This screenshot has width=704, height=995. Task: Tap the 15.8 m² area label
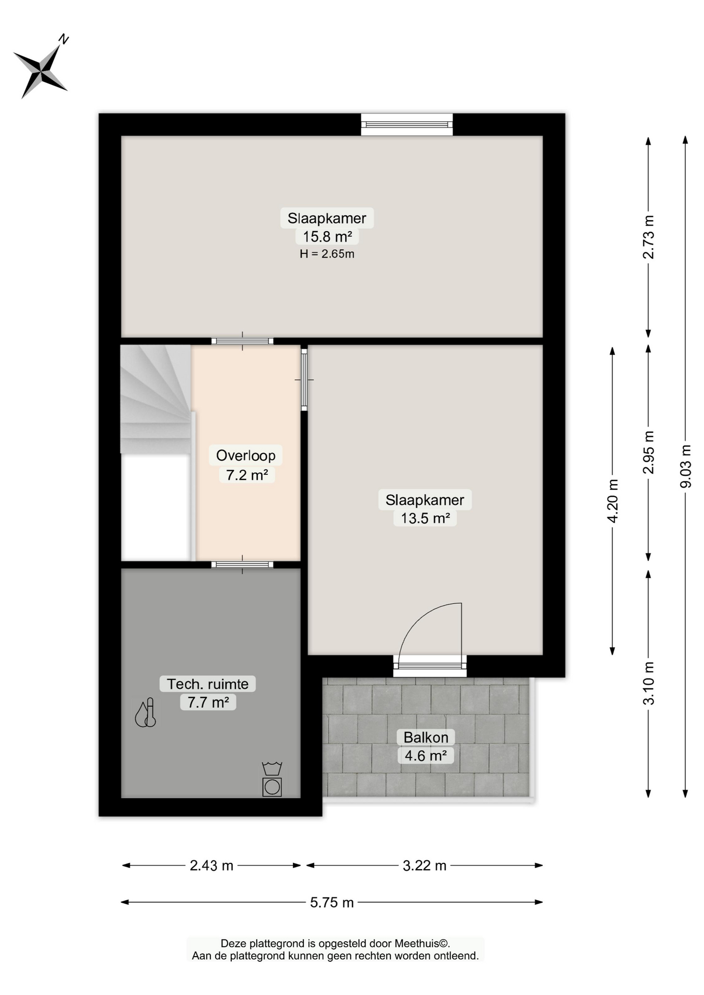pyautogui.click(x=327, y=237)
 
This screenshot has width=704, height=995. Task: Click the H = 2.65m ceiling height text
pyautogui.click(x=327, y=254)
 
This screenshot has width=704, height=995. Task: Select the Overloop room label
pyautogui.click(x=246, y=456)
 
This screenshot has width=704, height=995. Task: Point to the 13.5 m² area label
pyautogui.click(x=425, y=518)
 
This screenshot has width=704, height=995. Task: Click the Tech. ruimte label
pyautogui.click(x=208, y=684)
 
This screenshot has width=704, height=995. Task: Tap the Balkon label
pyautogui.click(x=426, y=737)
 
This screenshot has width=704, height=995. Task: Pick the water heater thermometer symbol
pyautogui.click(x=146, y=713)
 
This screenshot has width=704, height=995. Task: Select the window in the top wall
pyautogui.click(x=407, y=124)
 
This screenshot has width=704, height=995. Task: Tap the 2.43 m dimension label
pyautogui.click(x=212, y=865)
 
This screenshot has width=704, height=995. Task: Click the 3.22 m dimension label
pyautogui.click(x=425, y=865)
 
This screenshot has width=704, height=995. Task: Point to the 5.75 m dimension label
pyautogui.click(x=332, y=902)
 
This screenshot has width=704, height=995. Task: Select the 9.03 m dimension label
pyautogui.click(x=685, y=466)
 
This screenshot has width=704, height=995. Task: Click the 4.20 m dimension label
pyautogui.click(x=612, y=501)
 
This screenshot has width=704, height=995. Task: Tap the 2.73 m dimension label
pyautogui.click(x=648, y=237)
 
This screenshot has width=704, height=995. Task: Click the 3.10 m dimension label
pyautogui.click(x=648, y=683)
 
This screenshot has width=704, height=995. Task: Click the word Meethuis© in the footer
pyautogui.click(x=422, y=944)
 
